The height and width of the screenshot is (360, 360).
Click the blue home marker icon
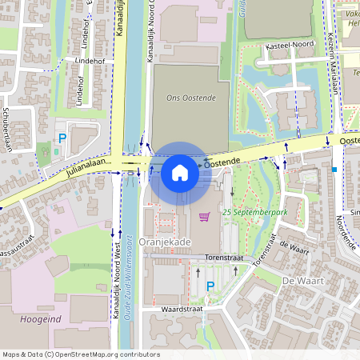(180, 173)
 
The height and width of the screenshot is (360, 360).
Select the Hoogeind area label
(32, 319)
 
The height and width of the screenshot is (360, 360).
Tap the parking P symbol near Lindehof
(62, 138)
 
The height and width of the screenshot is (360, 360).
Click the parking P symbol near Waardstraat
(210, 286)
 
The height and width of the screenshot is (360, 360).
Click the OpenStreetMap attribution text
(80, 354)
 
